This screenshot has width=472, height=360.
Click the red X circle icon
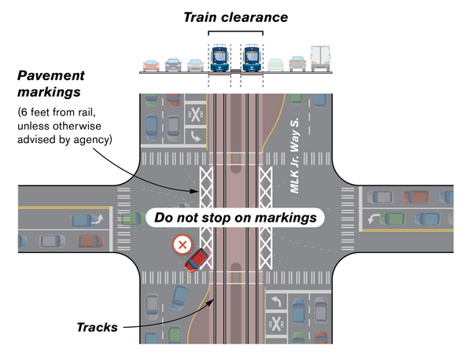pos(183,245)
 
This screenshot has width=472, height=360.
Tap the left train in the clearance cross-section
pos(219,58)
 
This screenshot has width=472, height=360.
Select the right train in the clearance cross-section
pos(253,58)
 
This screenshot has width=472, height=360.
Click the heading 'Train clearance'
pos(235,17)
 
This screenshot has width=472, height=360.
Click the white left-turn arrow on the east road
pos(373,219)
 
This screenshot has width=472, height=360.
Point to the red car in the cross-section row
pos(151,64)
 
